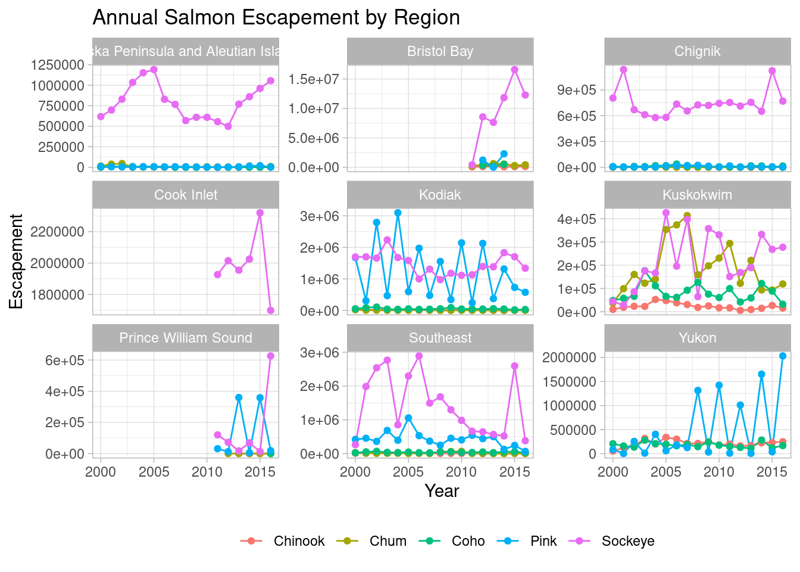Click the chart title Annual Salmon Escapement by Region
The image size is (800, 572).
[x=276, y=18]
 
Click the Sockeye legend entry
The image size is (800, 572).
[x=627, y=541]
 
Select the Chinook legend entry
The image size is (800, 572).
[x=299, y=541]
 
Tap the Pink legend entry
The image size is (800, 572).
[x=543, y=541]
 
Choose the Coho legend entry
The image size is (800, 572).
[x=468, y=541]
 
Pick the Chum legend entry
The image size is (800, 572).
[x=387, y=541]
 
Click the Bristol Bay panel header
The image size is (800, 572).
[x=440, y=51]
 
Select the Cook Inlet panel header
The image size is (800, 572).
[x=186, y=195]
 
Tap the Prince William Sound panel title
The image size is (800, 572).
[x=186, y=338]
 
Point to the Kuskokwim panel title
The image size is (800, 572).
[x=697, y=195]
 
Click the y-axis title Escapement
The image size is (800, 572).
[x=17, y=262]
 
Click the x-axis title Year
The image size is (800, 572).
[x=442, y=491]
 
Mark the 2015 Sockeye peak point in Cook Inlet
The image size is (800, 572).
[x=260, y=213]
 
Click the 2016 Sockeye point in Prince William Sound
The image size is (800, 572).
[x=271, y=356]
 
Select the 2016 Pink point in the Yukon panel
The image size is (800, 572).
[x=783, y=356]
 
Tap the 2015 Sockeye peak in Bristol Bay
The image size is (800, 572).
[x=515, y=70]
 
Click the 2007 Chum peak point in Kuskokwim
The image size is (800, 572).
[x=687, y=216]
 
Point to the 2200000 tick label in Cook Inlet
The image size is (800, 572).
[x=57, y=232]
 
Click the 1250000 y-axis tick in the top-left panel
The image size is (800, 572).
[x=57, y=65]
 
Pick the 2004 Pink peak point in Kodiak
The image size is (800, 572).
[x=398, y=213]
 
